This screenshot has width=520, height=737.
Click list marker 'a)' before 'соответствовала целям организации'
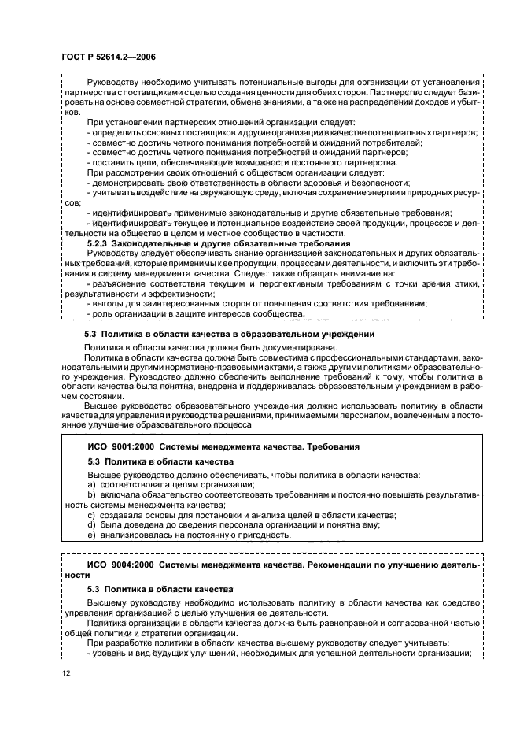click(x=90, y=486)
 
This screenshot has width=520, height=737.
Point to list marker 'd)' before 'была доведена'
click(x=90, y=525)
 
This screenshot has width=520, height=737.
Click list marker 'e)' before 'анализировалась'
click(x=90, y=535)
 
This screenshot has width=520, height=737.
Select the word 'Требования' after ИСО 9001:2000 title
click(x=332, y=446)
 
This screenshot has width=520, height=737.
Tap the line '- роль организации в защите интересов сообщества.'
click(x=195, y=314)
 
